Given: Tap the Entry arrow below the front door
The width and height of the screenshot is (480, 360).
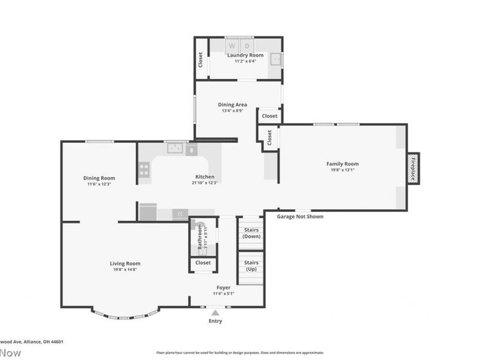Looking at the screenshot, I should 215,313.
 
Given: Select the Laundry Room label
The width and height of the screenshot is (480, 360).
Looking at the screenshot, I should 245,55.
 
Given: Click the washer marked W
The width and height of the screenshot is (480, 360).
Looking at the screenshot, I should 232,46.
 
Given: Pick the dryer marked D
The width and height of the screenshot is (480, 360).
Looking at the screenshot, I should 247,46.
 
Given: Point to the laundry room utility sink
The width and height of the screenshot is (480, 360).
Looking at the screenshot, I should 275,59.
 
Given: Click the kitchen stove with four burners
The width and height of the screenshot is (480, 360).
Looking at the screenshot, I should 144,170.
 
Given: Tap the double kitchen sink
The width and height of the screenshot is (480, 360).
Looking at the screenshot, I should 175,148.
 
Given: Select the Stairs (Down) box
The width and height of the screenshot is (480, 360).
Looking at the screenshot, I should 251,233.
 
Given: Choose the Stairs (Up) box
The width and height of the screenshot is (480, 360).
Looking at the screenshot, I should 251,266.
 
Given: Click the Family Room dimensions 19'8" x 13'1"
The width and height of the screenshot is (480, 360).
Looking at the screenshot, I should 343,170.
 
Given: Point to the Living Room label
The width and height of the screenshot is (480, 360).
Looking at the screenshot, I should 125,263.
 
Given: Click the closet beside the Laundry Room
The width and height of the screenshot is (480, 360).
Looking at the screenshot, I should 201,59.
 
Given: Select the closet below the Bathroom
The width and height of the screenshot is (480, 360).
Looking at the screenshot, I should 203,263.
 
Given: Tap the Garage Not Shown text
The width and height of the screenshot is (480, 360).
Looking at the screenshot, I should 300,217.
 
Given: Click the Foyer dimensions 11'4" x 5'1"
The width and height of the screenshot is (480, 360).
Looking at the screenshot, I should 223,294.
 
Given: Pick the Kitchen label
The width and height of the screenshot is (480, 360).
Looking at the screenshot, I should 205,177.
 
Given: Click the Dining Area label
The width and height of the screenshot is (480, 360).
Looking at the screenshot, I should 232,104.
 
